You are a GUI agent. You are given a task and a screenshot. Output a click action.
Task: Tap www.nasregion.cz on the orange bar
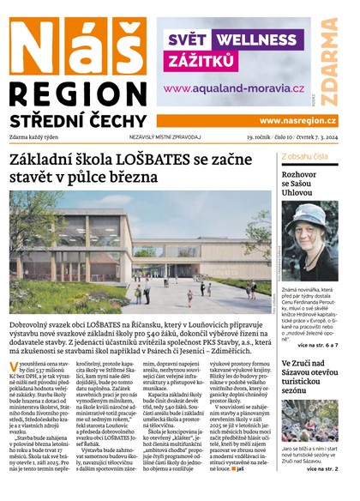pos(297,121)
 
